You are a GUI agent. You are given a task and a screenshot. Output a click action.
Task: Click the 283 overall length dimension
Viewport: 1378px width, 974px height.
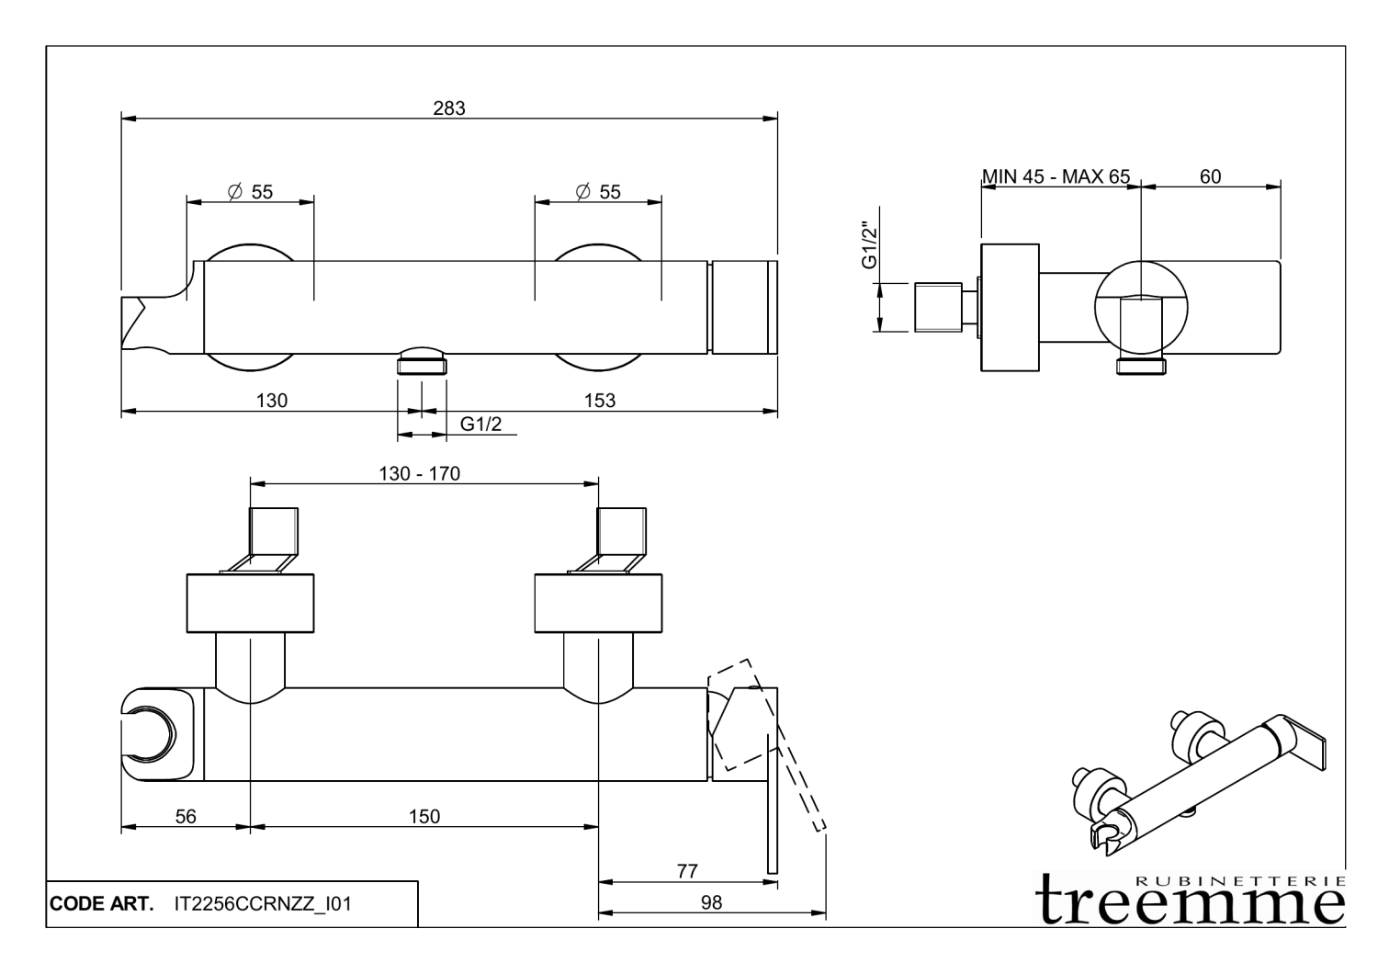click(449, 108)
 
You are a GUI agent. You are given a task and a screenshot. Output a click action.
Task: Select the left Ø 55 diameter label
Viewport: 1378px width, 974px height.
click(250, 191)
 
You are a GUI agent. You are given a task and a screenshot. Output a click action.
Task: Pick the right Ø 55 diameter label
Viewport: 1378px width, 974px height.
click(598, 191)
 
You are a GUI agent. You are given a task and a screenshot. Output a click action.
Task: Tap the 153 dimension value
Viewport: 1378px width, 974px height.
click(599, 401)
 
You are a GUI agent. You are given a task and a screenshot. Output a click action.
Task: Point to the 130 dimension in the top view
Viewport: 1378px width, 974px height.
click(272, 401)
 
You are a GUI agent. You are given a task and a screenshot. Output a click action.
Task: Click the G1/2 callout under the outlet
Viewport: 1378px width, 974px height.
click(480, 424)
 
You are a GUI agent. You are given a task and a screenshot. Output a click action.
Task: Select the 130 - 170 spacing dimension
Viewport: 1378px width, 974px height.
click(419, 474)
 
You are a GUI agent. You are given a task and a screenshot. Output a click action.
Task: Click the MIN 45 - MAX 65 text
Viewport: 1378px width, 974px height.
click(1056, 176)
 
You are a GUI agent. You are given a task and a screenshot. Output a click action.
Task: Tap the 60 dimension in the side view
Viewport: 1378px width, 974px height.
click(1210, 176)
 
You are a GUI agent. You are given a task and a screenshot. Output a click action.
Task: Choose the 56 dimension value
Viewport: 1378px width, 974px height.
click(186, 816)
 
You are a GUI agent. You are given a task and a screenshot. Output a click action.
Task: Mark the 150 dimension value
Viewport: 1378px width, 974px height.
click(424, 816)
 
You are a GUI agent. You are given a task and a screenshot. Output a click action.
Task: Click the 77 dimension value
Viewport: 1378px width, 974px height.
click(687, 871)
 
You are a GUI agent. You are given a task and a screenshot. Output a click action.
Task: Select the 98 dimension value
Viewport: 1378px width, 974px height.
click(711, 902)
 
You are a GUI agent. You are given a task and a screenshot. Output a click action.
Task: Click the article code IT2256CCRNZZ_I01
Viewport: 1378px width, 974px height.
click(262, 904)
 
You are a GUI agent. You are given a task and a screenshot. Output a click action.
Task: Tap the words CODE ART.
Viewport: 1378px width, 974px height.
click(102, 904)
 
